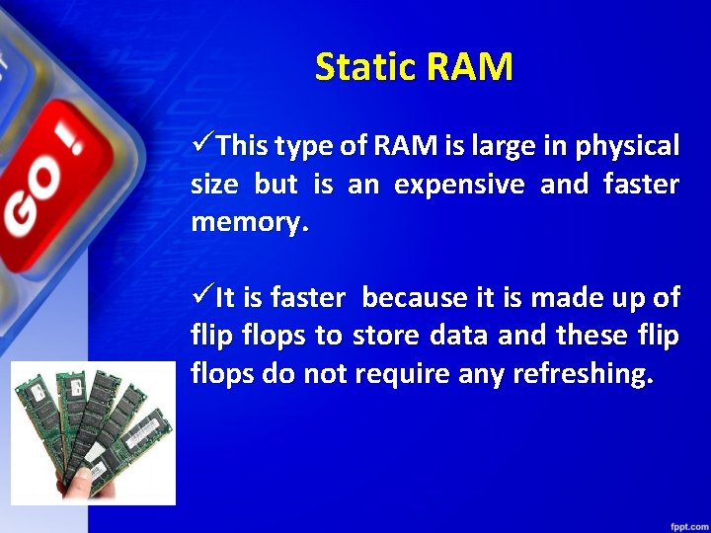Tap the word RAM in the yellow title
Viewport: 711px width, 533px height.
point(471,67)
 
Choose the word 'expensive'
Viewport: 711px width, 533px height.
point(459,185)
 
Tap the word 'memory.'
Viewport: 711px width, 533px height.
point(250,222)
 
